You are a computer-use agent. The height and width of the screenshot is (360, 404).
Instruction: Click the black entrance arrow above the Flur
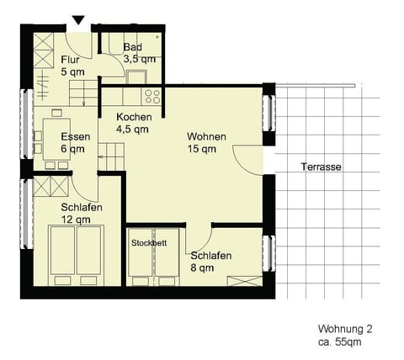coord(79,20)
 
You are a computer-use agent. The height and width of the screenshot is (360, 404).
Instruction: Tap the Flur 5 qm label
coord(72,65)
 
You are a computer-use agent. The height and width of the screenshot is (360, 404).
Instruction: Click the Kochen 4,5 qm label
coord(133,123)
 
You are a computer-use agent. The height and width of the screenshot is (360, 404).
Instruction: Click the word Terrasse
coord(321,167)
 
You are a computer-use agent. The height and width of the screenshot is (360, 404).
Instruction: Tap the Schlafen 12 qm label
coord(81,213)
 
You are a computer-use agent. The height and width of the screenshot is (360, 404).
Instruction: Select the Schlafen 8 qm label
coord(211,262)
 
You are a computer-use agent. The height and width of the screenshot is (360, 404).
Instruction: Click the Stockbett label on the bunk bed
coord(149,242)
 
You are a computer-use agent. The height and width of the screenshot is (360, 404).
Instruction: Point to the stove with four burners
coord(151,94)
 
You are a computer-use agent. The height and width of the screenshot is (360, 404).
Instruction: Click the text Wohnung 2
coord(344,329)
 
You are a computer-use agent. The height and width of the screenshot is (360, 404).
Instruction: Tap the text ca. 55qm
coord(341,343)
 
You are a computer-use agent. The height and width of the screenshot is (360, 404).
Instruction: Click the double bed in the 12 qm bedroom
coord(74,254)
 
